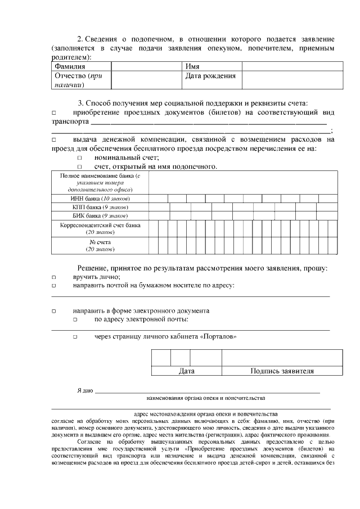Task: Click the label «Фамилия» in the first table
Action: click(70, 66)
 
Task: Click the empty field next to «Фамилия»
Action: click(147, 66)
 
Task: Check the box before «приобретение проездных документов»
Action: click(54, 112)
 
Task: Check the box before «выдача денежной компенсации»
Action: click(54, 139)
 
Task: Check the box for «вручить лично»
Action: click(54, 277)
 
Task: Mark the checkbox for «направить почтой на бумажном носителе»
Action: click(54, 286)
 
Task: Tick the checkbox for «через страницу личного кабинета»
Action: click(75, 337)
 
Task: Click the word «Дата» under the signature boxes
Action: click(186, 371)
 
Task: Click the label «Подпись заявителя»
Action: click(282, 371)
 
